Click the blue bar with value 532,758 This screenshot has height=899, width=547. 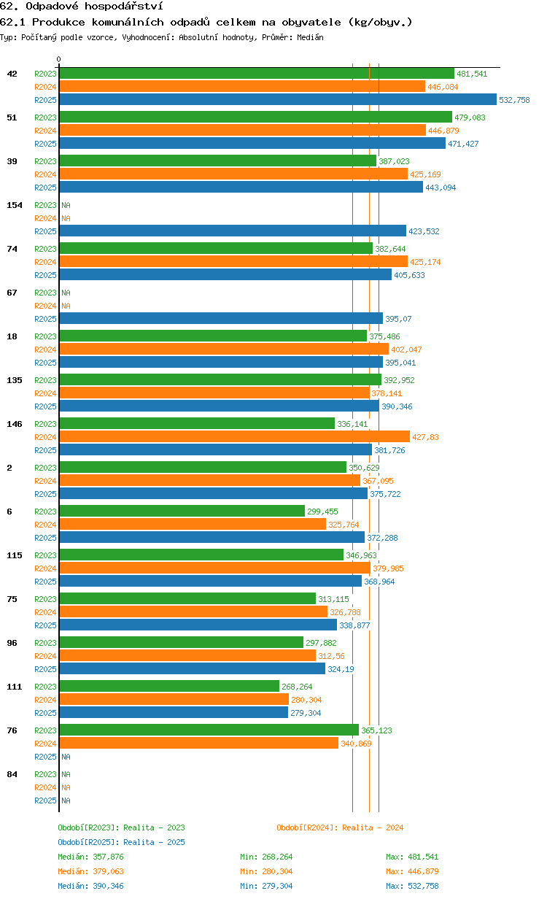pyautogui.click(x=278, y=99)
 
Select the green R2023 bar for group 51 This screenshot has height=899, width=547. pyautogui.click(x=255, y=117)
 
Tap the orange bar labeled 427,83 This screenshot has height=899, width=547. pyautogui.click(x=235, y=436)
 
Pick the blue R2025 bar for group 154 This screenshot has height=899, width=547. pyautogui.click(x=233, y=231)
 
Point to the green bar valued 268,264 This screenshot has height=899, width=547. pyautogui.click(x=169, y=686)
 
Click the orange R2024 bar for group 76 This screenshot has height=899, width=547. pyautogui.click(x=199, y=744)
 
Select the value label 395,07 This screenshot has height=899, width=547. pyautogui.click(x=398, y=319)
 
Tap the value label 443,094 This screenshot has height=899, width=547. pyautogui.click(x=441, y=188)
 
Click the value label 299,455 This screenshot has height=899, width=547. pyautogui.click(x=322, y=512)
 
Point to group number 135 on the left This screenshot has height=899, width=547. pyautogui.click(x=15, y=380)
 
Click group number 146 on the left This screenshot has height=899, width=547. pyautogui.click(x=15, y=424)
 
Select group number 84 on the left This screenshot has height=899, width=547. pyautogui.click(x=12, y=774)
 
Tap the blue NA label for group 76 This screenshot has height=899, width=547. pyautogui.click(x=66, y=757)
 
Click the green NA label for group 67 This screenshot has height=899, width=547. pyautogui.click(x=66, y=293)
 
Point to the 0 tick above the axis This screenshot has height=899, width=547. pyautogui.click(x=58, y=59)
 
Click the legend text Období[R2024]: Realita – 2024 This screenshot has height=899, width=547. pyautogui.click(x=340, y=827)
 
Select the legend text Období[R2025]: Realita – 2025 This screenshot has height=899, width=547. pyautogui.click(x=122, y=842)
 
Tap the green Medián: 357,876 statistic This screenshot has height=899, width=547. pyautogui.click(x=90, y=857)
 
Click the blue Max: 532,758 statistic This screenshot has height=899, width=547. pyautogui.click(x=412, y=886)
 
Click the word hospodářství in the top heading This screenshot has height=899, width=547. pyautogui.click(x=123, y=7)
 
